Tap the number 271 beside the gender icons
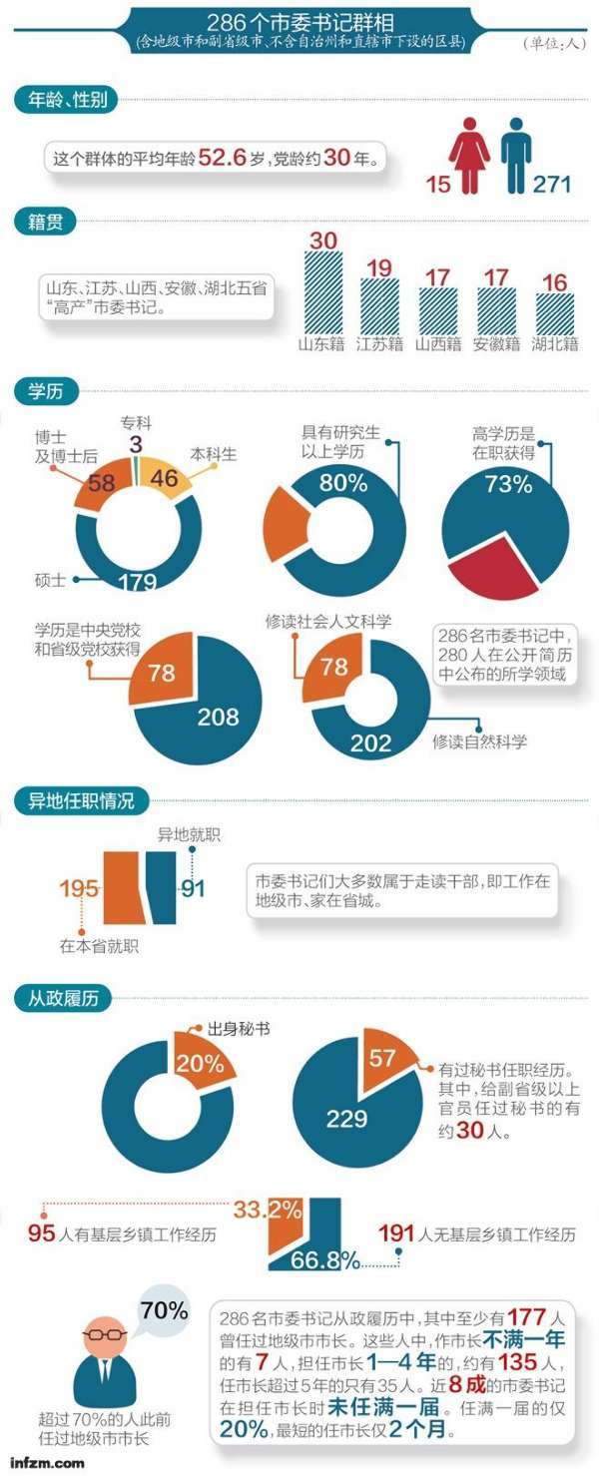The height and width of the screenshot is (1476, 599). coord(551,185)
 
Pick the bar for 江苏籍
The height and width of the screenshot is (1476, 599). coord(379,305)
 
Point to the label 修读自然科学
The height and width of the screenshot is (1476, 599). coord(479,741)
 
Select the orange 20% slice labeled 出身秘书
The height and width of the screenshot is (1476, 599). coord(199,1062)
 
